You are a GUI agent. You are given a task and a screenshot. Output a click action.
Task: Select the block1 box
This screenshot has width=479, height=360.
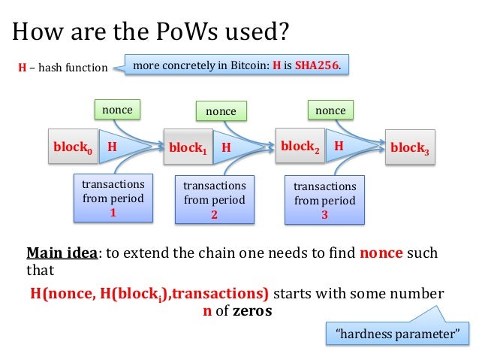click(x=188, y=149)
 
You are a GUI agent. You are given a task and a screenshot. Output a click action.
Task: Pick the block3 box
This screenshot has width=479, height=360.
click(x=410, y=148)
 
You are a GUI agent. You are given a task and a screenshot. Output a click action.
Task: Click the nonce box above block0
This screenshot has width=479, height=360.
click(x=117, y=110)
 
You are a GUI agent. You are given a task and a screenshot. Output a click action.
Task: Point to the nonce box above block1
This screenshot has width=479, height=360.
click(x=221, y=111)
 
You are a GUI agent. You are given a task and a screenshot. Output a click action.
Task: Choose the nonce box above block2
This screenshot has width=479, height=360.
click(x=330, y=110)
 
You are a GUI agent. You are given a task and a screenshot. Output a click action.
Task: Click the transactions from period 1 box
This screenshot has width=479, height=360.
click(x=113, y=198)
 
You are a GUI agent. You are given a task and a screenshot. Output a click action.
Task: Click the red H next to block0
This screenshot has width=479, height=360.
click(x=112, y=147)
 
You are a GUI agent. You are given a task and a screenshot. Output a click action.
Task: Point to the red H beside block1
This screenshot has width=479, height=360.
click(x=225, y=149)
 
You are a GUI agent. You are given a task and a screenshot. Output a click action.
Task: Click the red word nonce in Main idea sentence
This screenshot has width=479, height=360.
click(x=381, y=253)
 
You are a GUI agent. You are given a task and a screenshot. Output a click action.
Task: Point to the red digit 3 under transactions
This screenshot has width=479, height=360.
click(x=324, y=214)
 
